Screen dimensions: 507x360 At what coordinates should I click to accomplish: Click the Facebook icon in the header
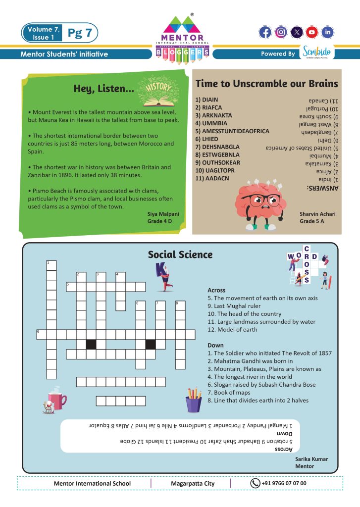click(x=265, y=33)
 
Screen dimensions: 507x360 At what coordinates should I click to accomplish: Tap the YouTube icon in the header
click(x=311, y=33)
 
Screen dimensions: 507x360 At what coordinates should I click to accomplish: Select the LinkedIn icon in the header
click(x=327, y=33)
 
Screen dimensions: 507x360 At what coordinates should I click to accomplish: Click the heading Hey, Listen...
click(x=103, y=89)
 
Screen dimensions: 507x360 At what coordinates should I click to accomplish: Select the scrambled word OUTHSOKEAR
click(x=217, y=162)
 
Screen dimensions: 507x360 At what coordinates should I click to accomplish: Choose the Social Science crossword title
click(x=180, y=254)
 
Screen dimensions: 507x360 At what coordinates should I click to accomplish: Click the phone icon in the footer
click(x=255, y=483)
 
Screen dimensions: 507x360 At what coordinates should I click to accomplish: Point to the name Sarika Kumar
click(x=311, y=459)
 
